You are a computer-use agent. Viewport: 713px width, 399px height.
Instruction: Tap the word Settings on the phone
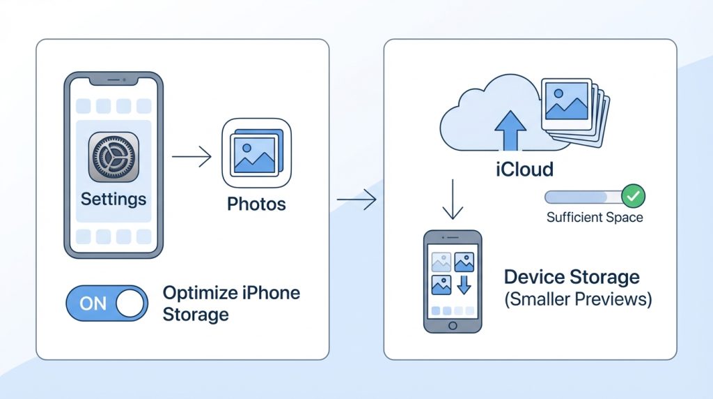point(113,199)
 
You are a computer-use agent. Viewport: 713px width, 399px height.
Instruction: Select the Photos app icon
point(256,153)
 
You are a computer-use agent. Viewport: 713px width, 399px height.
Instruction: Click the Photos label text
point(256,204)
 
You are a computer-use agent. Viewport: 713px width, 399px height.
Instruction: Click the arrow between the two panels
point(356,201)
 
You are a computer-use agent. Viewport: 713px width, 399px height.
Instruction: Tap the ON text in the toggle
point(93,303)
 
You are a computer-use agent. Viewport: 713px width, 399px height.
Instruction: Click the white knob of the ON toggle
point(131,303)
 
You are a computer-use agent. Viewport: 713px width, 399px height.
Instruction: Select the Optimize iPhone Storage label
point(230,303)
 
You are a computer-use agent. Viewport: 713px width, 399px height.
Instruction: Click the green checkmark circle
point(632,197)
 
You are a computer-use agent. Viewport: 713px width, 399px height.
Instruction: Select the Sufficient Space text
point(595,217)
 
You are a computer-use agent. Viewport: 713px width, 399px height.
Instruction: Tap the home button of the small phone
point(453,324)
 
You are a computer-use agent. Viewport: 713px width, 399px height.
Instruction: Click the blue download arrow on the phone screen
point(464,285)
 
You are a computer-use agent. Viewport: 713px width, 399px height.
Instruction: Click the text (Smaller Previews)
point(577,300)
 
